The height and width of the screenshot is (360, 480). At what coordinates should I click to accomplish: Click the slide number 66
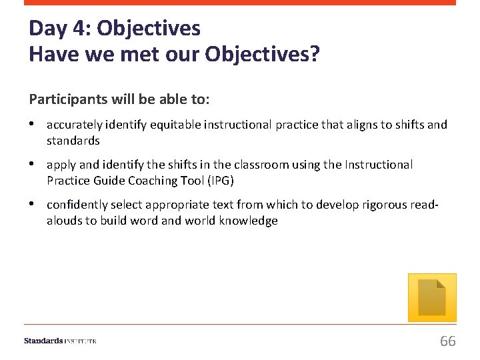pyautogui.click(x=447, y=341)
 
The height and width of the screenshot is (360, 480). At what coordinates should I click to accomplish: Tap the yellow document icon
pyautogui.click(x=432, y=297)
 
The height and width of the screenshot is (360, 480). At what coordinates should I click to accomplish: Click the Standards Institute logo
pyautogui.click(x=60, y=341)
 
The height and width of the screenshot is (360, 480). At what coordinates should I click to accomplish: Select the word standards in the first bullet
pyautogui.click(x=73, y=141)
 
